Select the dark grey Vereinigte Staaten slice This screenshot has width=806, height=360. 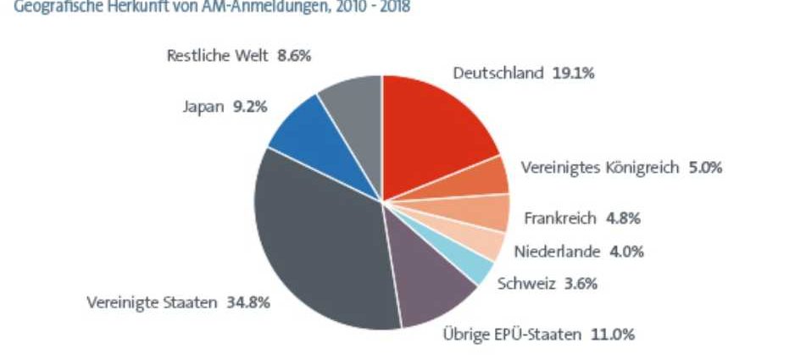[x=322, y=246]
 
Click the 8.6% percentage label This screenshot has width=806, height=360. [x=294, y=57]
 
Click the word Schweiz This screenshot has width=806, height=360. [x=527, y=284]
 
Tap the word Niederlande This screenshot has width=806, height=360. [x=557, y=252]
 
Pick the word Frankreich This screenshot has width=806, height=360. [x=560, y=219]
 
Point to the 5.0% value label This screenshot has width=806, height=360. [x=705, y=168]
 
